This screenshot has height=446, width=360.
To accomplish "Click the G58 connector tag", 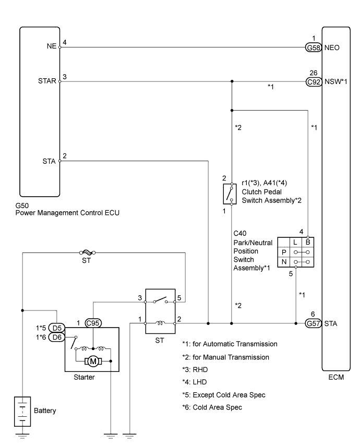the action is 314,47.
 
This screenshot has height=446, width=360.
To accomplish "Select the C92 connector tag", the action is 314,81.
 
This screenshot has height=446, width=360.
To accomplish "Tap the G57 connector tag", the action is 314,323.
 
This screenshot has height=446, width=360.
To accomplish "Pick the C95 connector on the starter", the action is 93,323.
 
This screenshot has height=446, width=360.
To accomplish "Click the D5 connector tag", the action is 57,328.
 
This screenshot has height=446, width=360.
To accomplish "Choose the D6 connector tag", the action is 57,337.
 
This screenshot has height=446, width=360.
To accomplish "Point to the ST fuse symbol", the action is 87,252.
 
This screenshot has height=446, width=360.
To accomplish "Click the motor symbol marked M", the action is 93,361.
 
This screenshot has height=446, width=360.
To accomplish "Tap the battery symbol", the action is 22,411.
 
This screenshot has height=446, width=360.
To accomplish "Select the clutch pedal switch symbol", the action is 230,194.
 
